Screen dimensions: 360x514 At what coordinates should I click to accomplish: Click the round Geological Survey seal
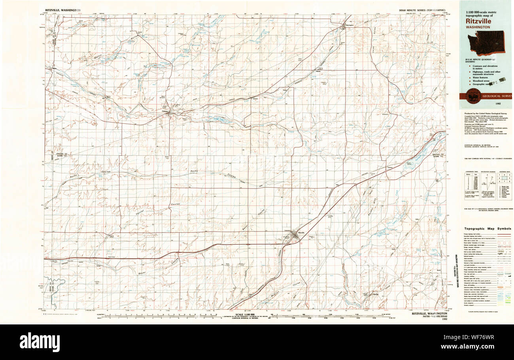click(474, 96)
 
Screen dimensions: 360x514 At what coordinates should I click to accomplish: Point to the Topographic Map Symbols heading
click(487, 229)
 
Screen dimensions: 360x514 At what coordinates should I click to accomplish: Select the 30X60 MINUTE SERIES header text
click(422, 9)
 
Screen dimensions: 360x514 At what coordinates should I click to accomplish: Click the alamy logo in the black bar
click(40, 342)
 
